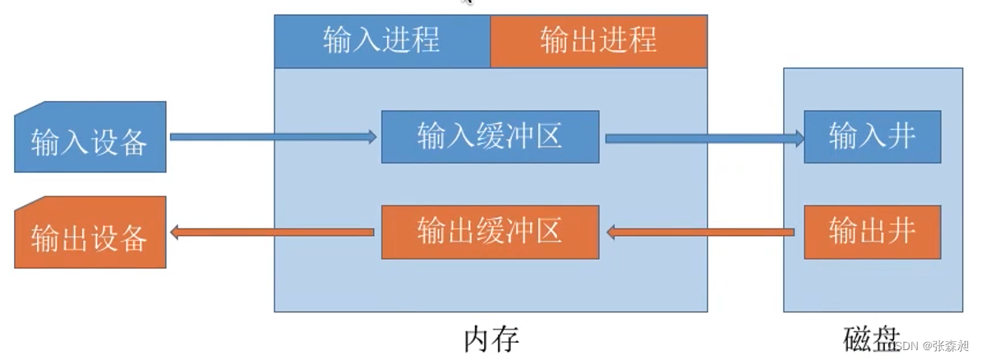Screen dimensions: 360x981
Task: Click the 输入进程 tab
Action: click(382, 40)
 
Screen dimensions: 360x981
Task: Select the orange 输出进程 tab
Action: click(598, 40)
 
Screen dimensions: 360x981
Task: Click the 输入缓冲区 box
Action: click(490, 136)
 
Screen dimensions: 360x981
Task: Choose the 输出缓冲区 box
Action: click(490, 231)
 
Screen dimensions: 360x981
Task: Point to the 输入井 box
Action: click(872, 136)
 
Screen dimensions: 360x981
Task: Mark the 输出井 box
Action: click(872, 231)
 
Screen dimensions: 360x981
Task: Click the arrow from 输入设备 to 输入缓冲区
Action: click(271, 137)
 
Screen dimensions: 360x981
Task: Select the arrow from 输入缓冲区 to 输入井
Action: click(702, 138)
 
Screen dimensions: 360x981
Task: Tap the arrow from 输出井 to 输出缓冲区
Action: click(702, 233)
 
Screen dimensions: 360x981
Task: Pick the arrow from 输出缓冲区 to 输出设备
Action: click(271, 233)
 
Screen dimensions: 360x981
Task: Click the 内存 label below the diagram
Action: click(491, 339)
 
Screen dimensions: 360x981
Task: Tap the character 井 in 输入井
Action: click(901, 136)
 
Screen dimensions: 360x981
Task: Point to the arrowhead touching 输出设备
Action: click(175, 233)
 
